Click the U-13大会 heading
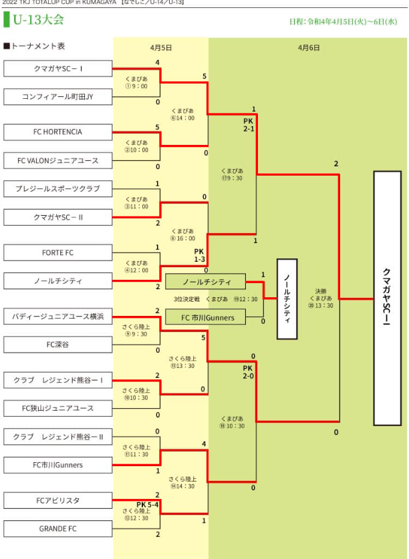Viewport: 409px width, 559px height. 38,19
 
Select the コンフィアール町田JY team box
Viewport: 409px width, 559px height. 57,97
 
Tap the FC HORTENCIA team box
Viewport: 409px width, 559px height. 57,132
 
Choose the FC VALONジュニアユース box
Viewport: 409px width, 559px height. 57,160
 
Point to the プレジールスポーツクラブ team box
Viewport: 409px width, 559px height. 57,189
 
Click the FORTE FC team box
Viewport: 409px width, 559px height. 57,253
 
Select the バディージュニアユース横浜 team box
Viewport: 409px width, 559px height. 57,316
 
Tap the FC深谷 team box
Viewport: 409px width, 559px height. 57,345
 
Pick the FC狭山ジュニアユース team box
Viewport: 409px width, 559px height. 57,408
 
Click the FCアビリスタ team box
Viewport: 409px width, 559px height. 57,500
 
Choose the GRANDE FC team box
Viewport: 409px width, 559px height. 57,529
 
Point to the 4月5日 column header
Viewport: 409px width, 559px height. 160,48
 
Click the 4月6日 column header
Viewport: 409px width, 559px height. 308,48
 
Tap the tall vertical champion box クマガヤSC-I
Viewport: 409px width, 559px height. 387,298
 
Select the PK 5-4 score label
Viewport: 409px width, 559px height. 148,505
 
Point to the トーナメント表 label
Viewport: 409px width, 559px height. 34,47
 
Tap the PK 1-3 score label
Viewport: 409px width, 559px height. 199,255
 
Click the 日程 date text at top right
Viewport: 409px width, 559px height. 343,22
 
